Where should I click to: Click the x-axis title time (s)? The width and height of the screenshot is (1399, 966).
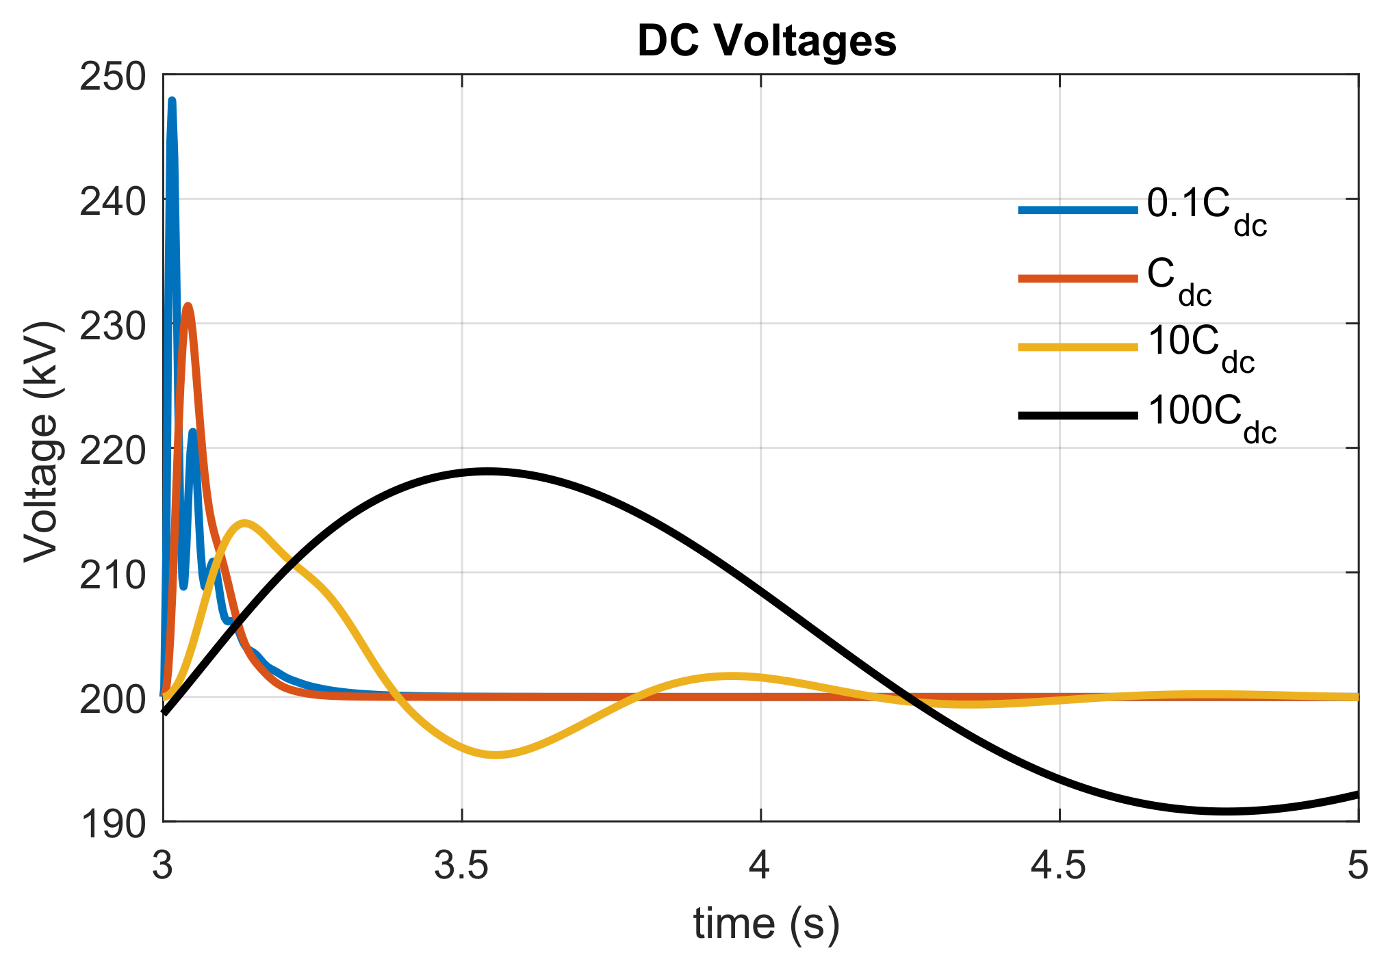[766, 924]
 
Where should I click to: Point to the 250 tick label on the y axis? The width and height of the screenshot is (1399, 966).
[113, 77]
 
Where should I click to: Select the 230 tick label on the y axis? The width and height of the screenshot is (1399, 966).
[113, 326]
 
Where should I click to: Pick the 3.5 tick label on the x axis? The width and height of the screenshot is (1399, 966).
[462, 866]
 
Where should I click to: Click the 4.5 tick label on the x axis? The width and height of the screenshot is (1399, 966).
[1060, 866]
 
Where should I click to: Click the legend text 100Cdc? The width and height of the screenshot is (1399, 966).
[1211, 417]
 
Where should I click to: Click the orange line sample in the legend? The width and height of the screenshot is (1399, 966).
[1077, 278]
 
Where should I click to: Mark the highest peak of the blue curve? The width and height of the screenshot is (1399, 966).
[172, 101]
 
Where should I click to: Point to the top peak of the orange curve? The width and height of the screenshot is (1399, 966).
[188, 306]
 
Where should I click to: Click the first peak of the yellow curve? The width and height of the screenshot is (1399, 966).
[244, 523]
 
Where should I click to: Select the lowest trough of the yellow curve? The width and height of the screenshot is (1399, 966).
[495, 755]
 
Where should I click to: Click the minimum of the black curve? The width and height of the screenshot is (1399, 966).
[1225, 811]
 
